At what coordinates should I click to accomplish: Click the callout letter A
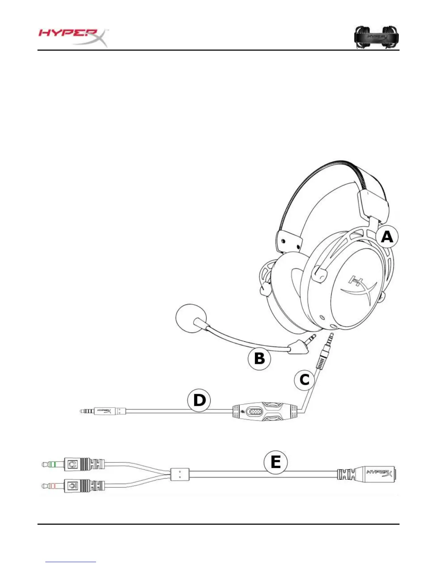(x=387, y=237)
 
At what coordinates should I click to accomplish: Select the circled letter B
(x=260, y=358)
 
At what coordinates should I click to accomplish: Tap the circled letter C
(x=304, y=380)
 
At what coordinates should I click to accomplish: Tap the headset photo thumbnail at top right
(x=376, y=37)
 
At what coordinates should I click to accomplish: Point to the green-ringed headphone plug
(x=54, y=464)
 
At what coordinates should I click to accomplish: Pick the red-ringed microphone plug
(x=54, y=485)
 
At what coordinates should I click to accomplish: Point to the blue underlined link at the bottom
(x=71, y=562)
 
